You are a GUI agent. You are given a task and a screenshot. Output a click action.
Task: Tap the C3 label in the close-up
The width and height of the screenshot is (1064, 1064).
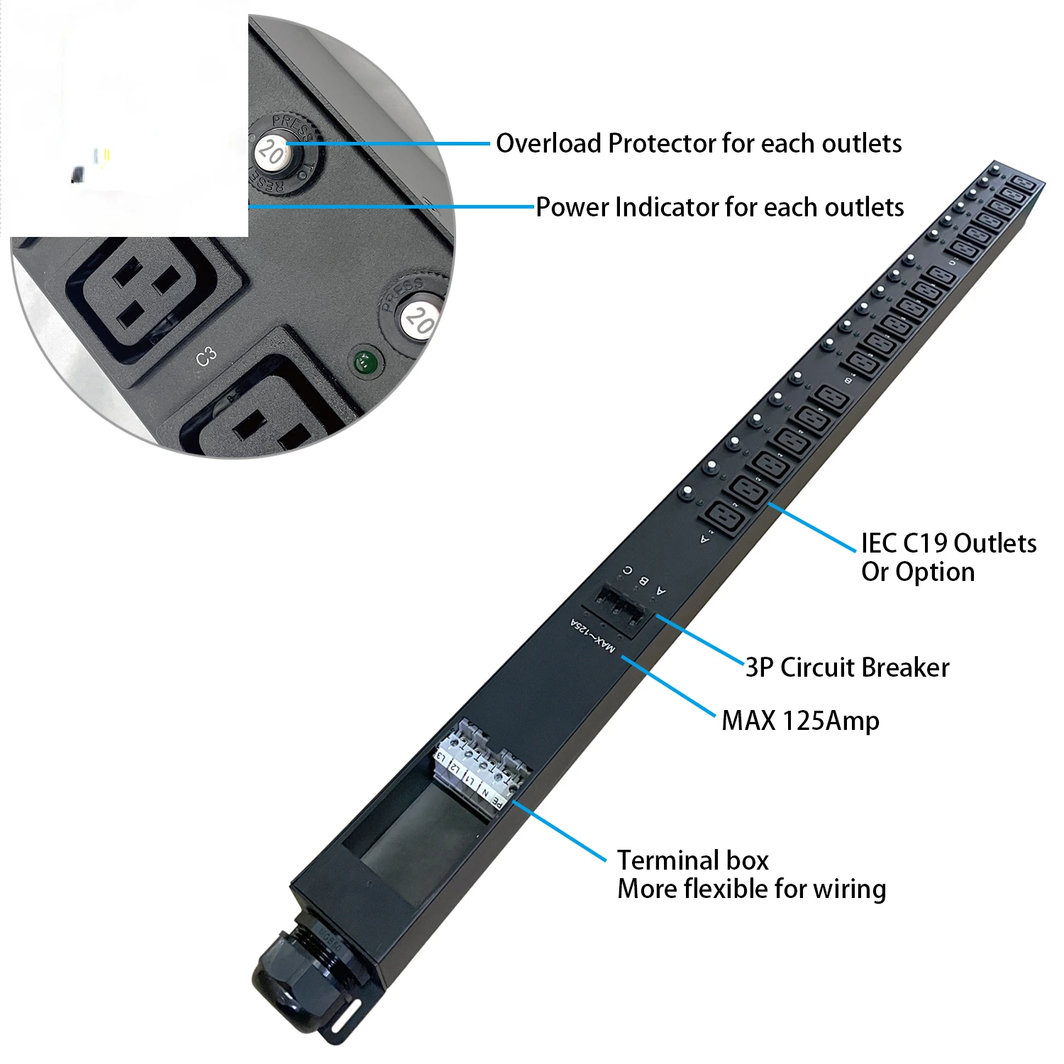206,357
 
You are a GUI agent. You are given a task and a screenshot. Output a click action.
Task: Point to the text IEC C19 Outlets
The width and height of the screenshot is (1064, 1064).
948,543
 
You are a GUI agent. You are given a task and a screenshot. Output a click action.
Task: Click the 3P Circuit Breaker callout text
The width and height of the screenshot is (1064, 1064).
847,667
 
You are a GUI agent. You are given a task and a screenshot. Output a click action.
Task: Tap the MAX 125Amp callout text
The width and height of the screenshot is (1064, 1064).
800,721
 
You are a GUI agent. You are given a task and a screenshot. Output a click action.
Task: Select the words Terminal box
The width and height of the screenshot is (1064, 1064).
692,860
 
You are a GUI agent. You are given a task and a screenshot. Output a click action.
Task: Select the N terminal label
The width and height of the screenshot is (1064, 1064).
485,791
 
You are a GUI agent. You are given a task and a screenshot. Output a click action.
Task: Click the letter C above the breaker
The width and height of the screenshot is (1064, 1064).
627,570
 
